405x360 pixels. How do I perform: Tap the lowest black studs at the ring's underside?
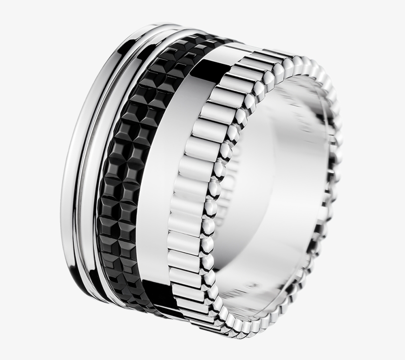pyautogui.click(x=148, y=309)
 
